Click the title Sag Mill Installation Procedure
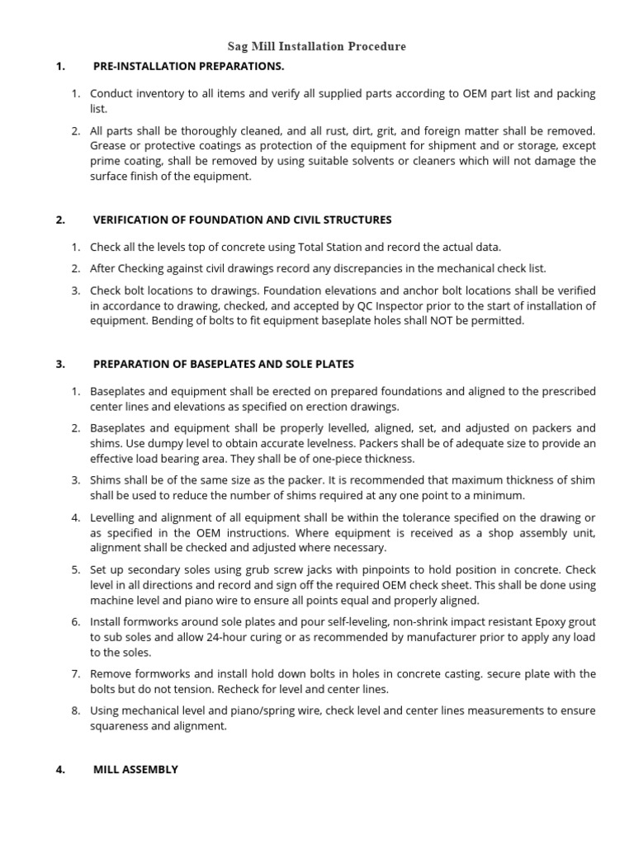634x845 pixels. click(317, 46)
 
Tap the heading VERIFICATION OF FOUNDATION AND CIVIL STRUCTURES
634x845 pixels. click(242, 220)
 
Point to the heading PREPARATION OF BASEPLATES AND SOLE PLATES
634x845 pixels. click(223, 363)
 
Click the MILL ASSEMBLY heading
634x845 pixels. click(135, 769)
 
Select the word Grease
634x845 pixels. click(108, 146)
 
